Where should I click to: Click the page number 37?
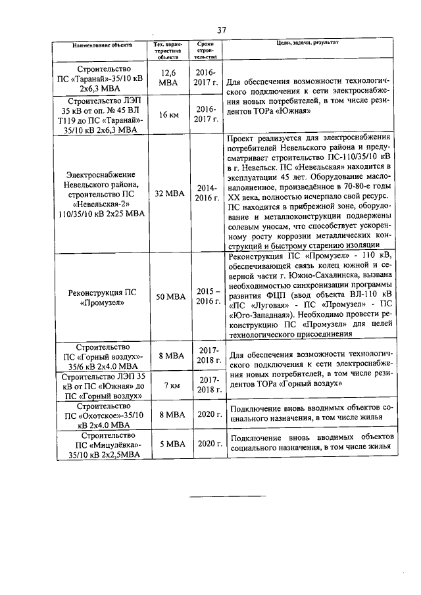222,30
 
